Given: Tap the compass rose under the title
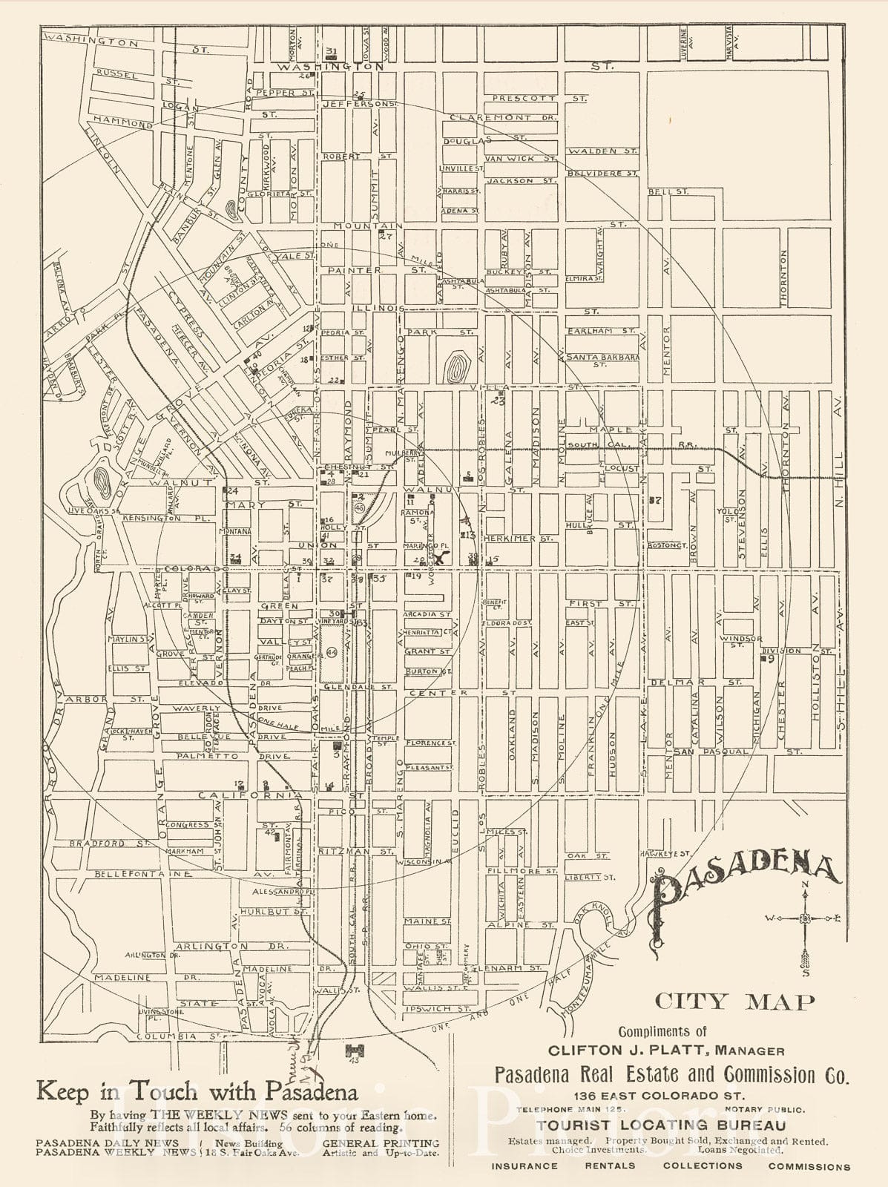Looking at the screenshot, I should tap(805, 920).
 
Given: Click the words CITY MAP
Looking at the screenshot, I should tap(734, 1002).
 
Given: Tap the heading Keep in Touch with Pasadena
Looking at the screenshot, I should tap(197, 1091).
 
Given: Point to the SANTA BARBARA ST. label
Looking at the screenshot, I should tap(602, 358).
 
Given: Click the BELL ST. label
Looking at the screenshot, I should tap(668, 191).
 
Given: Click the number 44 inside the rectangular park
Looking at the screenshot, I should tap(332, 652).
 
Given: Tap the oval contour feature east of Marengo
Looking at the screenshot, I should tap(455, 366).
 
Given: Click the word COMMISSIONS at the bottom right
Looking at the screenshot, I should tap(809, 1166).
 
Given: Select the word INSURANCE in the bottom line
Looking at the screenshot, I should tap(524, 1165).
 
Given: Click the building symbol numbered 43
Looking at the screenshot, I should tap(354, 1051).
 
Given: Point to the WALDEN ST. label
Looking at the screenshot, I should tap(602, 151).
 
